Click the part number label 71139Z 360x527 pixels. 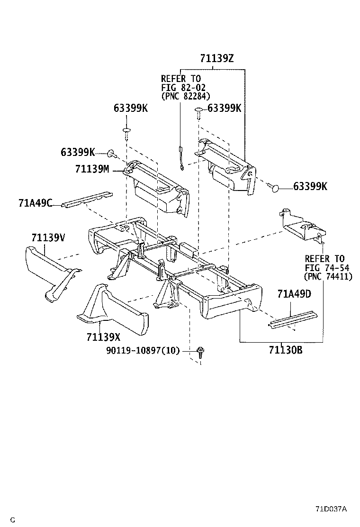216,59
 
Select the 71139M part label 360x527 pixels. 92,169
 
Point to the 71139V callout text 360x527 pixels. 48,237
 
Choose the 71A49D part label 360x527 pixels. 294,294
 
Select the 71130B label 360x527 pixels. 286,351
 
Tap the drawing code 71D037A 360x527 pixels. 331,509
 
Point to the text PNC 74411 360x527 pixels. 328,276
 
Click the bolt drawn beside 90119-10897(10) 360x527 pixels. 201,352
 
